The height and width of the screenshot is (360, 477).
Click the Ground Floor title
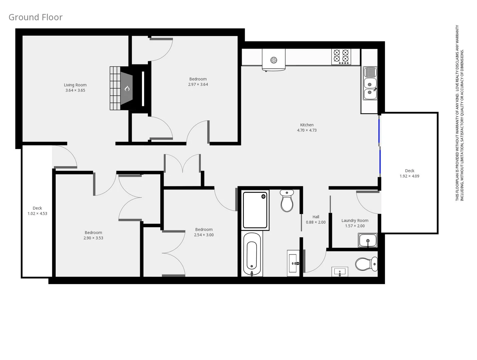[x=35, y=17]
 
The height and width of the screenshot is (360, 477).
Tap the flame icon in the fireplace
[x=127, y=89]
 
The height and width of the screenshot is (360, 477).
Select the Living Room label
[x=75, y=85]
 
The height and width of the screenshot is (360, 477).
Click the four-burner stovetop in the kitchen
[x=341, y=57]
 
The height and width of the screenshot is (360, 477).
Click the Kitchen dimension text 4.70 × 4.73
[x=307, y=130]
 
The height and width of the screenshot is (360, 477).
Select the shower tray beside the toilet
[x=255, y=210]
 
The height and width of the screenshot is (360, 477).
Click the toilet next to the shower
[x=287, y=201]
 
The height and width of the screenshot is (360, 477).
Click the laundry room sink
[x=368, y=240]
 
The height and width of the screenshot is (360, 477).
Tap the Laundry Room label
[x=355, y=220]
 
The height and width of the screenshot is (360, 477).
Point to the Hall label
[x=316, y=217]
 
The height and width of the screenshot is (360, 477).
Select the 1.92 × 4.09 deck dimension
[x=409, y=176]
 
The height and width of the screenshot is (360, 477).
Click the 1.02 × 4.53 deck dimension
[x=37, y=213]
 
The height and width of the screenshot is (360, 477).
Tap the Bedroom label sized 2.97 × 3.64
[x=198, y=79]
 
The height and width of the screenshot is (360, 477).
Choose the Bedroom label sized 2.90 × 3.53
[x=93, y=233]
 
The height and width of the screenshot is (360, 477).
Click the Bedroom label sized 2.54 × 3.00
[x=204, y=229]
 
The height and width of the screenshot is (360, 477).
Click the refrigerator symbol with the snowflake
[x=274, y=60]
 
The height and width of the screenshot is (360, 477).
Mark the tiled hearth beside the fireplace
[x=115, y=88]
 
